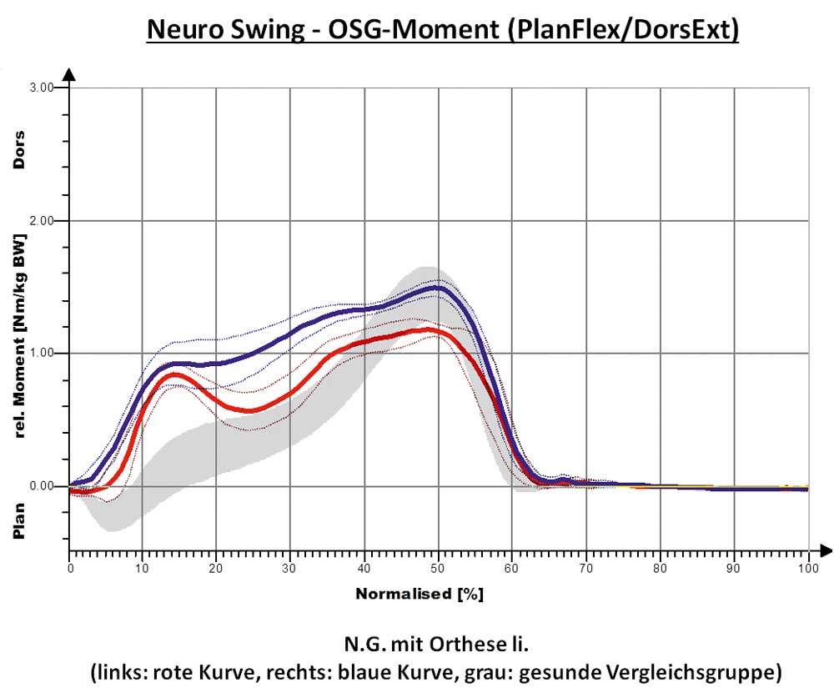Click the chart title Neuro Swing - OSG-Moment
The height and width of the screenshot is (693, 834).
pyautogui.click(x=443, y=29)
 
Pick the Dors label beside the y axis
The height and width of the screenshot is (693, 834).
pyautogui.click(x=19, y=150)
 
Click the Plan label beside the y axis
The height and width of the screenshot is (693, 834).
pyautogui.click(x=19, y=520)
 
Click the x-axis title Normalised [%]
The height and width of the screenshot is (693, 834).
pyautogui.click(x=420, y=595)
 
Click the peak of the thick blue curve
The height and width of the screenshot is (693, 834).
pyautogui.click(x=435, y=288)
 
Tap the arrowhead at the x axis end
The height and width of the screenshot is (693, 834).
pyautogui.click(x=826, y=550)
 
